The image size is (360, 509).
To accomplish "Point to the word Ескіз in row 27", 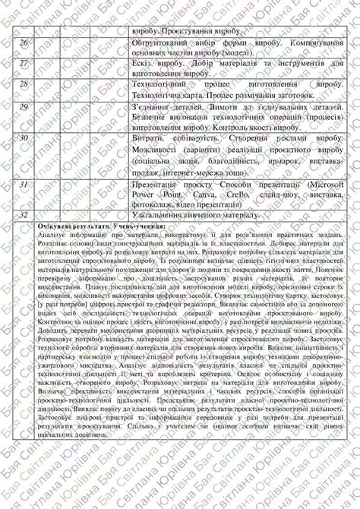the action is (144, 64).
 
